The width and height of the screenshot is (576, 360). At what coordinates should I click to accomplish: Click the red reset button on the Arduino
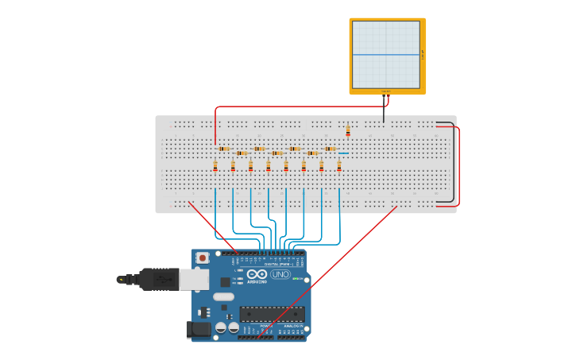pyautogui.click(x=203, y=257)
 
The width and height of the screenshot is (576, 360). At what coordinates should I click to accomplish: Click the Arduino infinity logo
pyautogui.click(x=257, y=274)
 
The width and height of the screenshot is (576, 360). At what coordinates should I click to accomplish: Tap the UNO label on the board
pyautogui.click(x=280, y=274)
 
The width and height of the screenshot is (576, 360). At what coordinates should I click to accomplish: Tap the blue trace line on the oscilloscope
pyautogui.click(x=386, y=55)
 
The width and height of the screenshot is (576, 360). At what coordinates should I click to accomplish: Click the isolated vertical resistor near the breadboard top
pyautogui.click(x=348, y=130)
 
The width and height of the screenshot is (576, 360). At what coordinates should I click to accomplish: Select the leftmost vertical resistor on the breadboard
pyautogui.click(x=215, y=165)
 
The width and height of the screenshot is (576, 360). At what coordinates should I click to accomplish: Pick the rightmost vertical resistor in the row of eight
pyautogui.click(x=339, y=165)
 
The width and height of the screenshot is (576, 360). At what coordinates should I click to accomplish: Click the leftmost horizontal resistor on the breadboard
pyautogui.click(x=224, y=149)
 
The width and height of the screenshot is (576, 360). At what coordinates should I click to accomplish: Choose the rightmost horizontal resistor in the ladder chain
pyautogui.click(x=330, y=149)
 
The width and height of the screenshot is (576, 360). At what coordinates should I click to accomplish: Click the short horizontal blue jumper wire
pyautogui.click(x=343, y=153)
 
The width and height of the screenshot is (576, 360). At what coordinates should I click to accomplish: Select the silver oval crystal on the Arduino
pyautogui.click(x=224, y=296)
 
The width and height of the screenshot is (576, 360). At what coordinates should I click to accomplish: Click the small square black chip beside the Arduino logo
pyautogui.click(x=226, y=281)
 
